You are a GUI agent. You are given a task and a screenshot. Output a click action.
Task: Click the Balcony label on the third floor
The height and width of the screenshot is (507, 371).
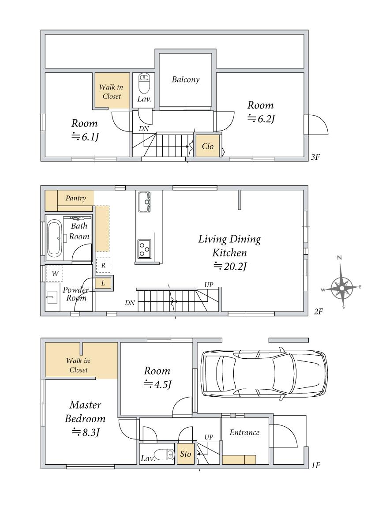tap(185, 79)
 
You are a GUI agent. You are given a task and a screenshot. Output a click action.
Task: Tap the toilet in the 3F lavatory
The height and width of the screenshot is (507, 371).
tap(144, 83)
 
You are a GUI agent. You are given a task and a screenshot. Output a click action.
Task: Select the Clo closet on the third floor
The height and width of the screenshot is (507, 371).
tap(208, 146)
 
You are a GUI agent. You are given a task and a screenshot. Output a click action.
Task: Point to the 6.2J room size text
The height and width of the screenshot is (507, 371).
tap(261, 119)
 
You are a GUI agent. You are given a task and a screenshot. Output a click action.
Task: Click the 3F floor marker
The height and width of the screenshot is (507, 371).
tap(315, 157)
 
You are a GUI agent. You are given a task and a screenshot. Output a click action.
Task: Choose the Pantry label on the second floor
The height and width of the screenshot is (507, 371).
tap(75, 198)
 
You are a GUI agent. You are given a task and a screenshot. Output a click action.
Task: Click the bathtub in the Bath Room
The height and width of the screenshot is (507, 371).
tap(54, 238)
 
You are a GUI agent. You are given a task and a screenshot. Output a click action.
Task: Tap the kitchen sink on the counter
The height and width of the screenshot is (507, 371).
tap(144, 202)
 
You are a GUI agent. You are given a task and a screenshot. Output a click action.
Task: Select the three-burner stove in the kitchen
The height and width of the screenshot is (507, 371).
tap(144, 249)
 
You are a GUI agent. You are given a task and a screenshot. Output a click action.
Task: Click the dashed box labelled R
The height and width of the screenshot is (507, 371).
tap(103, 265)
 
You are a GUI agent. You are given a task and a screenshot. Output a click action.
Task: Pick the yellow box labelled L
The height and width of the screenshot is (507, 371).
tap(103, 283)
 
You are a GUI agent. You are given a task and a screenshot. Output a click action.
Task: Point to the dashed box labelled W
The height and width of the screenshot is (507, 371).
tap(54, 274)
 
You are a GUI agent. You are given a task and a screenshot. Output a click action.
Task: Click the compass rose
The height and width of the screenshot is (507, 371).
tap(341, 287)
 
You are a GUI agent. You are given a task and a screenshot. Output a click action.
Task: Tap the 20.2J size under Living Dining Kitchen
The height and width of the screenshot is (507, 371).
tap(230, 267)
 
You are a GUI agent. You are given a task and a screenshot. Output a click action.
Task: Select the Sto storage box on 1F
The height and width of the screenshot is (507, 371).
tap(185, 454)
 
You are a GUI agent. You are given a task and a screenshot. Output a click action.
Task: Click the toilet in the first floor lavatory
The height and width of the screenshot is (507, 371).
tap(164, 454)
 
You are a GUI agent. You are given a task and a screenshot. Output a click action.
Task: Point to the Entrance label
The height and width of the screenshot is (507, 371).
tap(245, 432)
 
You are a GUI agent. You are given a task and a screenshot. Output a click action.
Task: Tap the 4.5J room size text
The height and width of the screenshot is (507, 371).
tap(157, 384)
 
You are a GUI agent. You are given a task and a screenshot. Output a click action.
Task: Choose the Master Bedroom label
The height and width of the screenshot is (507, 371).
tap(85, 412)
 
